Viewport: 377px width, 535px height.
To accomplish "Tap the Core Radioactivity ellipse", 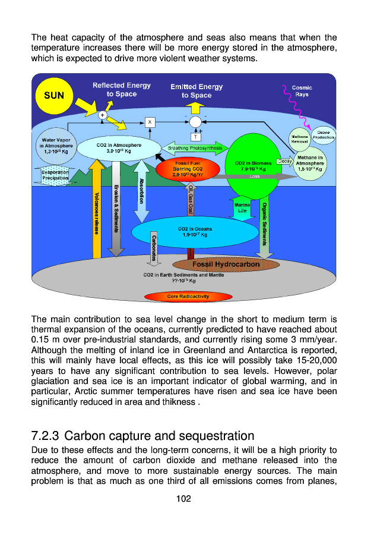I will coord(188,296).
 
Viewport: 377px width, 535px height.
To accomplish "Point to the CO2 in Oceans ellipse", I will coord(195,231).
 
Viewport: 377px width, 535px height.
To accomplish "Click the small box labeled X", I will coord(150,122).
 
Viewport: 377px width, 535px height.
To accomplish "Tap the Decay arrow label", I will coord(284,161).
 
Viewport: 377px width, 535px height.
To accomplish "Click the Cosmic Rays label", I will coord(302,91).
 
